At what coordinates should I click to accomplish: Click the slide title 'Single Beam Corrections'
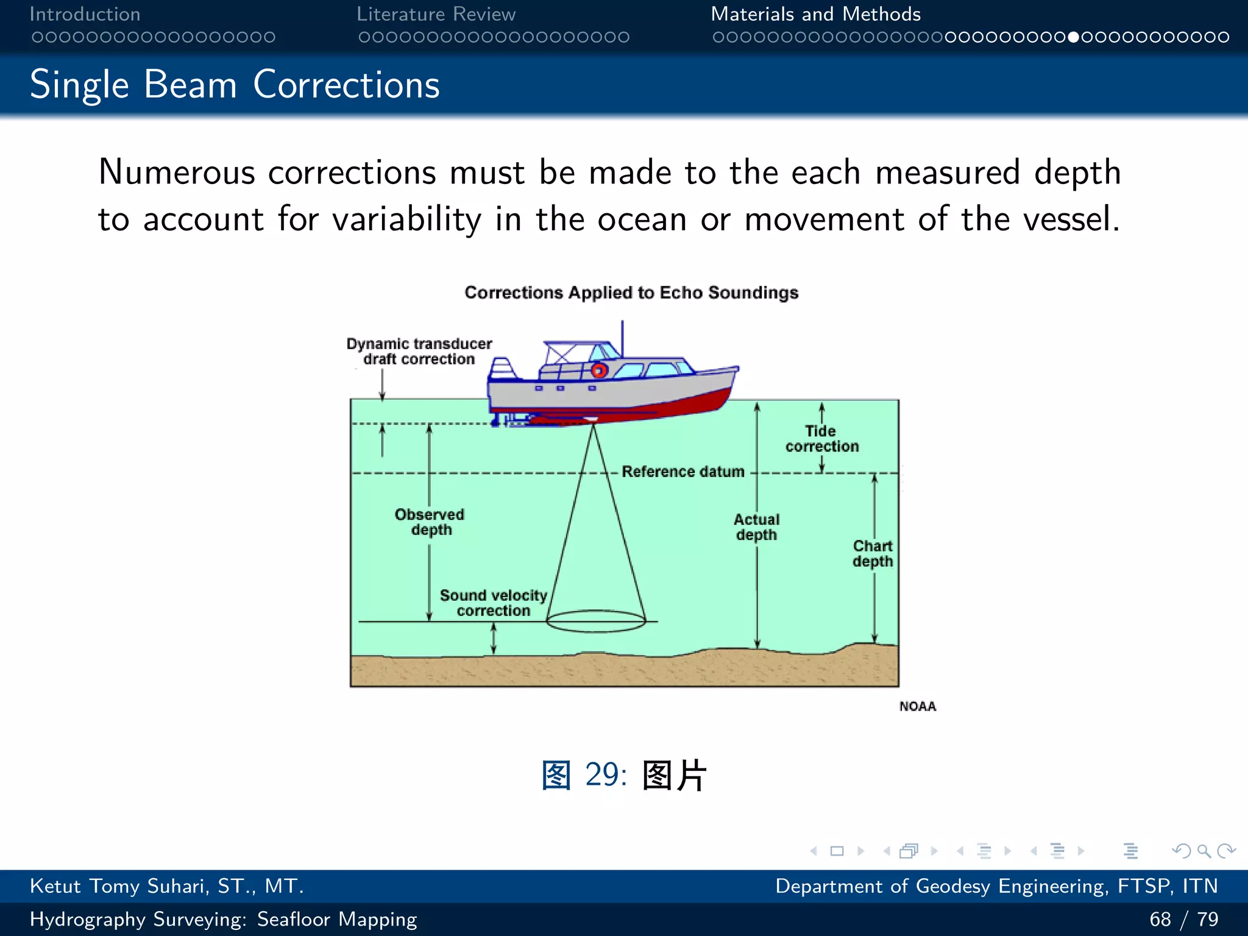(235, 84)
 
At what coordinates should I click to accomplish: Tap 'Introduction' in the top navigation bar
(85, 14)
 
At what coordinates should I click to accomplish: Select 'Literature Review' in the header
(436, 14)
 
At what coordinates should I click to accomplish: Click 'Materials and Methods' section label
(815, 14)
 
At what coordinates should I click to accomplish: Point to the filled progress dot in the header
(1074, 37)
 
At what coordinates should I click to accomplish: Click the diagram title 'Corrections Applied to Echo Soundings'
(631, 292)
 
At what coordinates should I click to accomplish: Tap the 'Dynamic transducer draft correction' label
(419, 352)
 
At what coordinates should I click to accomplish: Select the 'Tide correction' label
(821, 439)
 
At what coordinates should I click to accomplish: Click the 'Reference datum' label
(682, 472)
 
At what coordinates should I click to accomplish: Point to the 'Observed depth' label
(430, 522)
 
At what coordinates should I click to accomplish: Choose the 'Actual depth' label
(756, 527)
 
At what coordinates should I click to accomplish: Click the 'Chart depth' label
(873, 553)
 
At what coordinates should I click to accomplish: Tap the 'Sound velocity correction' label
(493, 603)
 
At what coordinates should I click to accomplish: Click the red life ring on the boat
(599, 370)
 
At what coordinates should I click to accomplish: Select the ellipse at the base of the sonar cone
(595, 621)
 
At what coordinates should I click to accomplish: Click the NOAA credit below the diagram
(917, 706)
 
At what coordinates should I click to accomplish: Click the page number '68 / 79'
(1183, 919)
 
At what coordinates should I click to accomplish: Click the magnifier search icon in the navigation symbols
(1204, 851)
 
